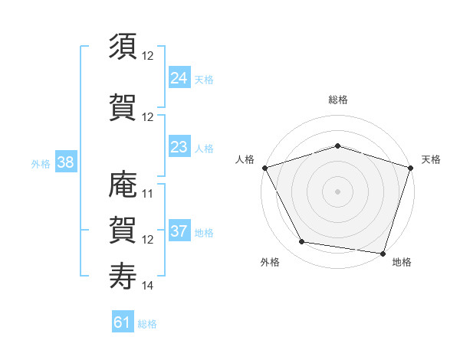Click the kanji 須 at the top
tap(123, 46)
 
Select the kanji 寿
tap(123, 276)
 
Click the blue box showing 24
tap(179, 77)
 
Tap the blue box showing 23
tap(179, 147)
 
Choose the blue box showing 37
tap(179, 231)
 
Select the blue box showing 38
tap(65, 162)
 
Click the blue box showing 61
tap(123, 322)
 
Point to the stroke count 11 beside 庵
tap(148, 194)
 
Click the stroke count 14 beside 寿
tap(148, 286)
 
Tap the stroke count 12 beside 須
tap(148, 56)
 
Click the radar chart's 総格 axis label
tap(337, 100)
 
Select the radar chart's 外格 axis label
tap(270, 262)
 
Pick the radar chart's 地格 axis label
tap(402, 262)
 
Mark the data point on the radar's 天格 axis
tap(410, 168)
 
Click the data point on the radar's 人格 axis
tap(264, 168)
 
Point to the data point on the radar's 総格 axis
tap(337, 146)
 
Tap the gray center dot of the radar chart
tap(337, 191)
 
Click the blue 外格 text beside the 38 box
tap(41, 163)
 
